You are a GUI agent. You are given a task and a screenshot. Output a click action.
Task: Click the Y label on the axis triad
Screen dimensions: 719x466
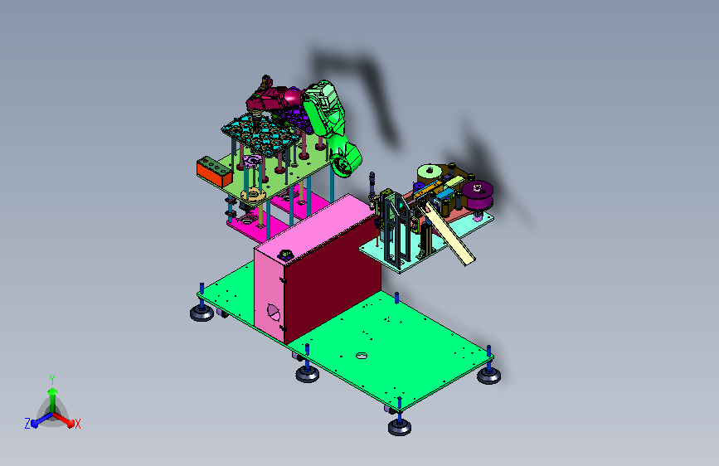52,380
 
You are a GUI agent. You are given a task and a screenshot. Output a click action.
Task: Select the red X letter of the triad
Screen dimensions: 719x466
77,424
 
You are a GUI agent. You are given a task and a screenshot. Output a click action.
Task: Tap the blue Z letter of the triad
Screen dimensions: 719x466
27,424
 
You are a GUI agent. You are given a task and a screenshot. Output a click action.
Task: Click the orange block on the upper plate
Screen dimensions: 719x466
214,172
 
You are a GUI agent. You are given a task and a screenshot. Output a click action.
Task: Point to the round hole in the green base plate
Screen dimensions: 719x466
362,356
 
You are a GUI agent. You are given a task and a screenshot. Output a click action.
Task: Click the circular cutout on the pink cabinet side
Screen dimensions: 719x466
273,312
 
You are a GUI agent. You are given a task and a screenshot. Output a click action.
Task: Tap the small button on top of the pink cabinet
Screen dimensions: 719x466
285,255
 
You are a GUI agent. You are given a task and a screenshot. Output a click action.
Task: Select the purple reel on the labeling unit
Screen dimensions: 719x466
478,195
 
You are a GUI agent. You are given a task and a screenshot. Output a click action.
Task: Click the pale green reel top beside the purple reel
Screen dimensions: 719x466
430,173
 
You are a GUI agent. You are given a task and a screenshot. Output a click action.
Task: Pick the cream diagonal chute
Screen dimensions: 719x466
450,235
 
